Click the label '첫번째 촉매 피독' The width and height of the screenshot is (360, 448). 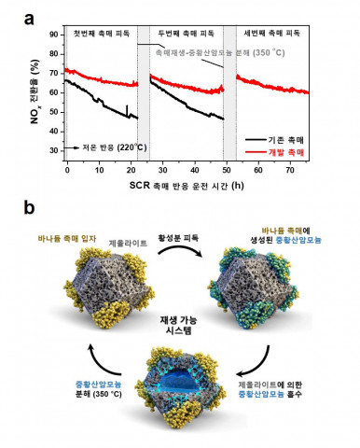click(103, 32)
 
